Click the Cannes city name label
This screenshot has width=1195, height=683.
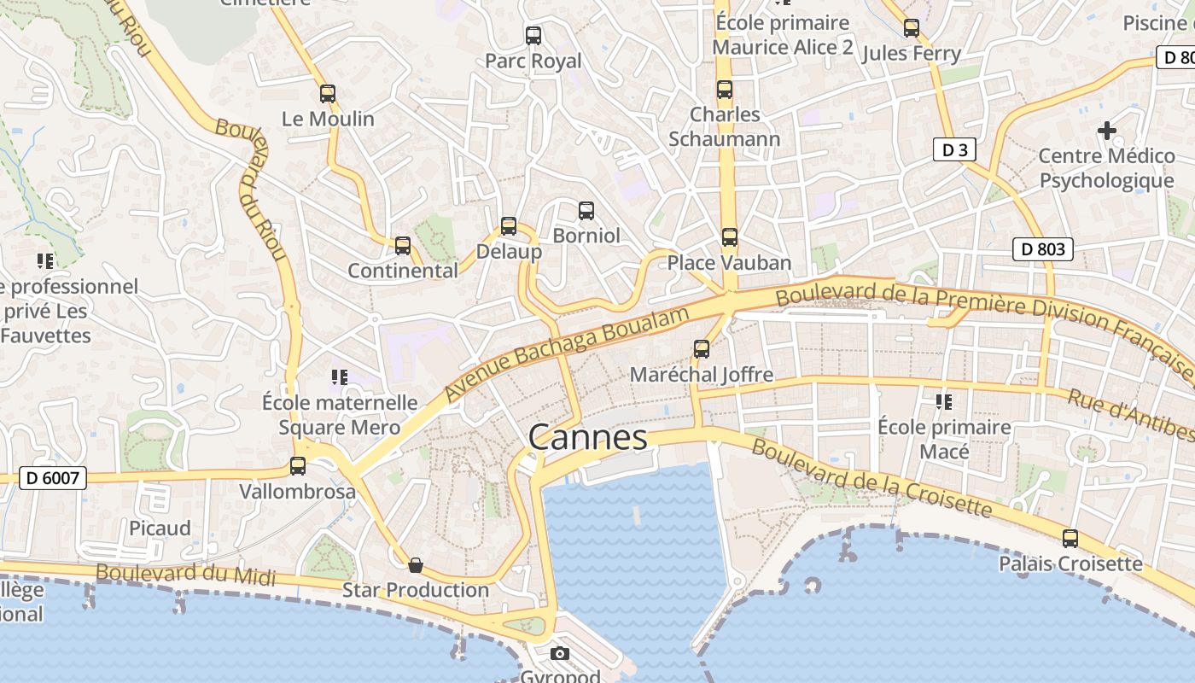588,437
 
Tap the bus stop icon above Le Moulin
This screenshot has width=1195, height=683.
328,94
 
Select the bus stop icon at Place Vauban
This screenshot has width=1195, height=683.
729,237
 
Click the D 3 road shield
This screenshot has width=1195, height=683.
954,150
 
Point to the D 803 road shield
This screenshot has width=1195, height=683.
1042,249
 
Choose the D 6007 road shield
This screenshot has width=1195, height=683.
53,478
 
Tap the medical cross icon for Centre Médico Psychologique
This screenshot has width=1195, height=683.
1107,131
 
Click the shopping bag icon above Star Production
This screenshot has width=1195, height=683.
416,565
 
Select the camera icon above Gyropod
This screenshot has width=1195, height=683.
560,654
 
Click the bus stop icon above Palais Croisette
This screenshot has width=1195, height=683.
1070,539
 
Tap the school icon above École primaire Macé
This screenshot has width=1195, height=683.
944,401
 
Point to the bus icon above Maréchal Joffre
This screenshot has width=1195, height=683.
702,348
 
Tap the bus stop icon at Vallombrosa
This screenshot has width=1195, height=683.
298,466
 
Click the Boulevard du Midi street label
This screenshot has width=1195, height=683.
186,575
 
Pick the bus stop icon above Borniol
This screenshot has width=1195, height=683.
586,210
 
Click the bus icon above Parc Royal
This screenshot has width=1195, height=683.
533,36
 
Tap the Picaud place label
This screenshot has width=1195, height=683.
160,528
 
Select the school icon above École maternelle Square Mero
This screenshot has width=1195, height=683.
340,377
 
